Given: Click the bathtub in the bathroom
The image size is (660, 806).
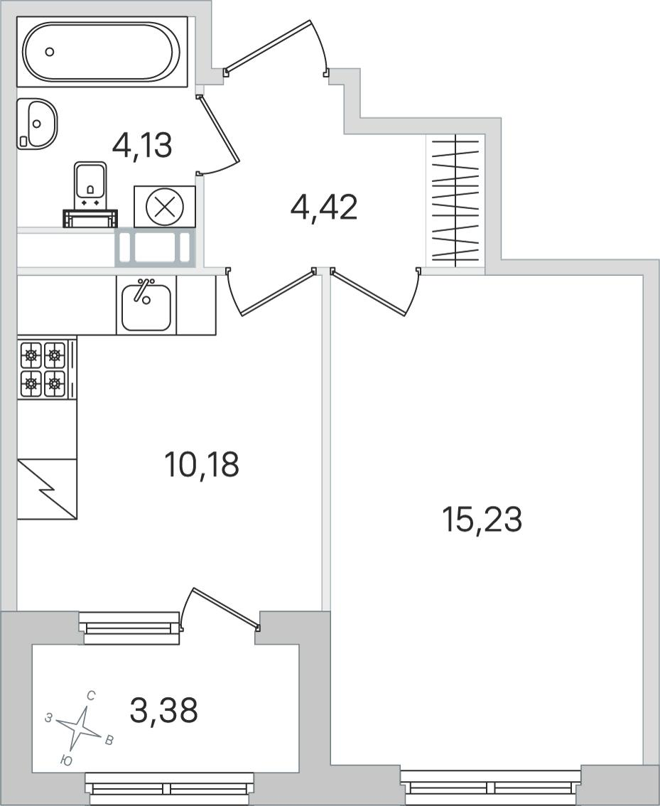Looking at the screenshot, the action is coord(102,51).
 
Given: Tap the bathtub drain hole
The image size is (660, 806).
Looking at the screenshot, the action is coord(50,51).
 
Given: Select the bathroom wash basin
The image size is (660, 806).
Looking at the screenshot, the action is coord(36,124).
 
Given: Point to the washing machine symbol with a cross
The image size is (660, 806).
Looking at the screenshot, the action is coord(164,207).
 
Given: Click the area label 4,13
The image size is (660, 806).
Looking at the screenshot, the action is coord(142,146).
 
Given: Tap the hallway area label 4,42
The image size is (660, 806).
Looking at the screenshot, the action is coord(323,208).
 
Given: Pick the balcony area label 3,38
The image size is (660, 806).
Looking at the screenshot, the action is coord(164,710).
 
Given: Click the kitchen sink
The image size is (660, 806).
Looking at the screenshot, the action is coord(146,306).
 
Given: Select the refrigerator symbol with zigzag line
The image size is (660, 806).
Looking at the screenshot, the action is coord(47,489).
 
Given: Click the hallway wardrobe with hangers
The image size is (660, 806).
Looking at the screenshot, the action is coord(456,201).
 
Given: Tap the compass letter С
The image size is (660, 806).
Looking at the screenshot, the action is coord(90,697).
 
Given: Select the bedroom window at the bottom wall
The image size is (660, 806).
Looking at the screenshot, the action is coord(492,788).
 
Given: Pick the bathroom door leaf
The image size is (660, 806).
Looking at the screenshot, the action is coord(218,130).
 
